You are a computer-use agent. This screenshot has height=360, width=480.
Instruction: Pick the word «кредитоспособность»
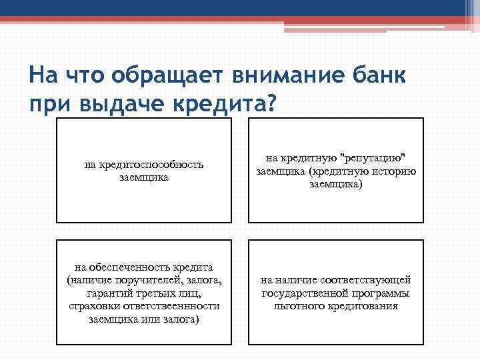(x=144, y=165)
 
